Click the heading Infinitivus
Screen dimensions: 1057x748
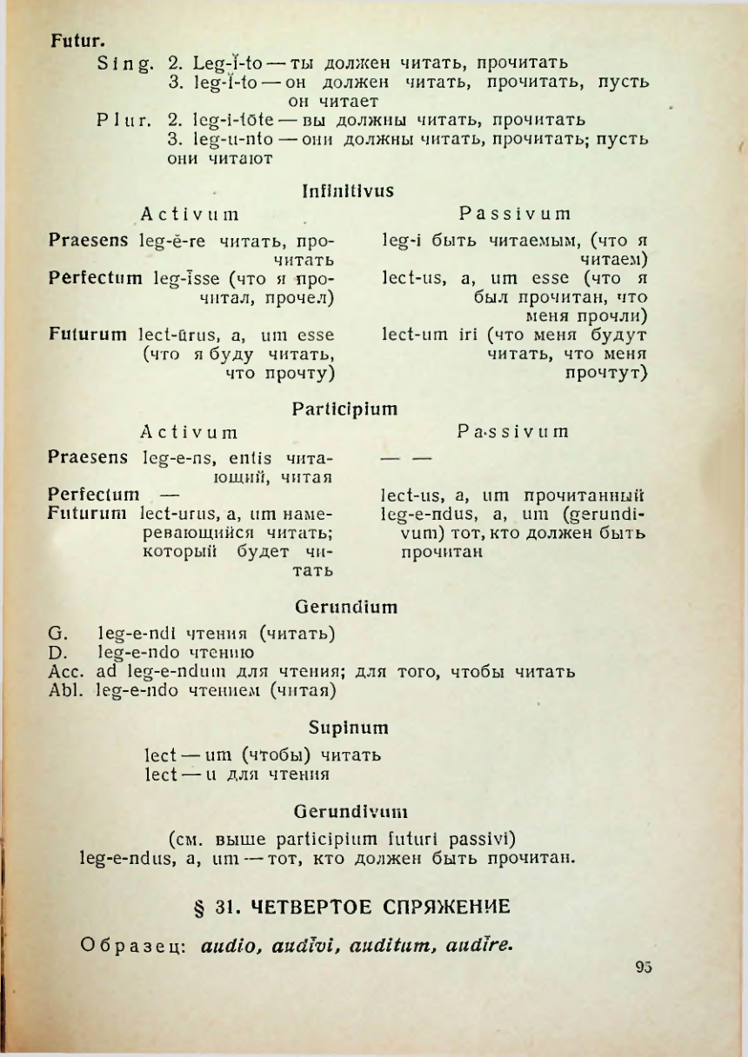pyautogui.click(x=347, y=189)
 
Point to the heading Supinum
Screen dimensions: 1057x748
pyautogui.click(x=348, y=727)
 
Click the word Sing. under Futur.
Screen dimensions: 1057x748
pyautogui.click(x=127, y=63)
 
